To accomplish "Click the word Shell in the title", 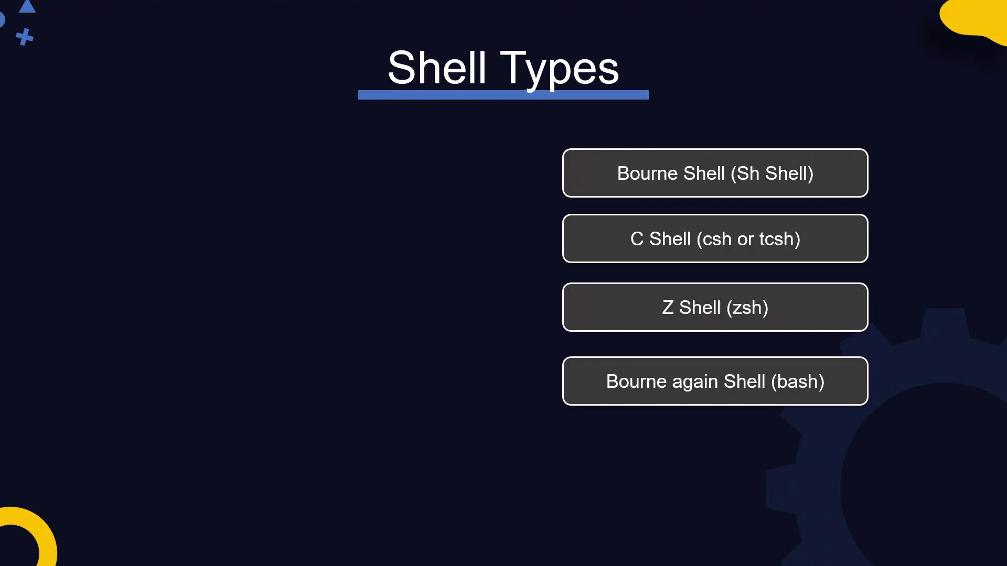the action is pos(437,68).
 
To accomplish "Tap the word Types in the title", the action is pos(560,69).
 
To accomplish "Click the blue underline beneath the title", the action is pos(504,95).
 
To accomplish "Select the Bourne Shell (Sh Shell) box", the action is pos(715,173).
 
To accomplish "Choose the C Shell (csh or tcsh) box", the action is pos(715,238).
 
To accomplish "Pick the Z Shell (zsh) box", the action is pos(715,307).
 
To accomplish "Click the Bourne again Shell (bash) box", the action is pos(715,381).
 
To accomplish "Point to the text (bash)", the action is pos(798,382).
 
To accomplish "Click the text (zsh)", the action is pos(747,308).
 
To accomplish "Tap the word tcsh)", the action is pos(780,239).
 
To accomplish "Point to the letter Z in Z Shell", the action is pos(668,308).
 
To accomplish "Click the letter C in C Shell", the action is pos(637,239).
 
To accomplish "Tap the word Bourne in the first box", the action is pos(647,173).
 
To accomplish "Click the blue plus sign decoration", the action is pos(24,37).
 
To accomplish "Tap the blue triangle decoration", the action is pos(27,7).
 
